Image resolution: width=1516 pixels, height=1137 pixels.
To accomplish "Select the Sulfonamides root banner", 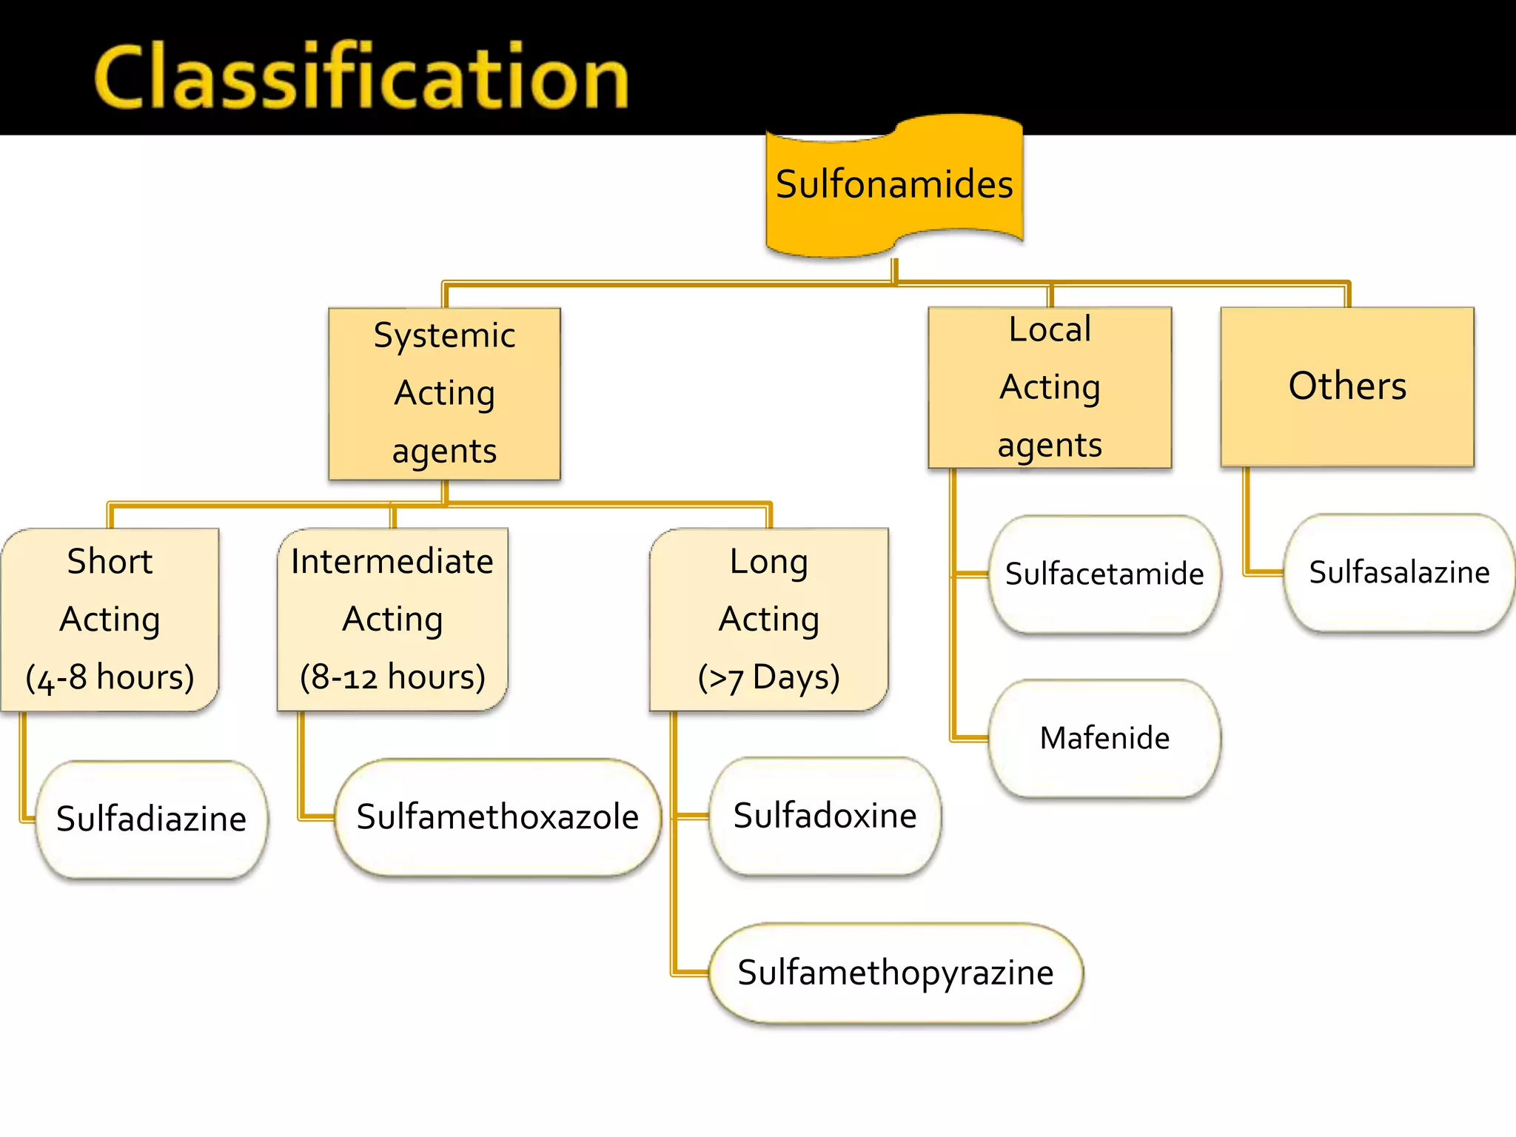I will pos(894,185).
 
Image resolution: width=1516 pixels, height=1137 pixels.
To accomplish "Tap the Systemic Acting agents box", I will pos(444,393).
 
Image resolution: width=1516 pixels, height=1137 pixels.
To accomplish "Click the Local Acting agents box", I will pos(1050,387).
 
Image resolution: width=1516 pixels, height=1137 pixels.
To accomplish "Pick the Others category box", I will pos(1347,386).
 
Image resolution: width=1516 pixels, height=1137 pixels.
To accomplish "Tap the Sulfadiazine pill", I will pos(151,819).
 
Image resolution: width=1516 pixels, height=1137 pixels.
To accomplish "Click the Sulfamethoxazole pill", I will pos(497,817).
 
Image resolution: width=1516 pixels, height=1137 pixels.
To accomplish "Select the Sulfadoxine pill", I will pos(825,816).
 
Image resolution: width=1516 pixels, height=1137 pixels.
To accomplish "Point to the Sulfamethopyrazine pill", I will pos(896,973).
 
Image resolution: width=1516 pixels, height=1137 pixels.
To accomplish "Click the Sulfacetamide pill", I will pos(1104,574).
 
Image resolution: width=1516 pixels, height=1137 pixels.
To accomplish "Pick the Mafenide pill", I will pos(1104,738).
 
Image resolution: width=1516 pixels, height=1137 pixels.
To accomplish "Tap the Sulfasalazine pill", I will pos(1399,572).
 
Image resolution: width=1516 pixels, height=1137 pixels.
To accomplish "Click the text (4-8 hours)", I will pos(110,677).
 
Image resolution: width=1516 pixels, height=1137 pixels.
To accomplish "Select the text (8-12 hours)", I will pos(392,677).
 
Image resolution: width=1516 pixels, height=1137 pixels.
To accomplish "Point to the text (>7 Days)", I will pos(769,677).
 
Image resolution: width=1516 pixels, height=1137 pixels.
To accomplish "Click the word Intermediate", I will pos(392,561).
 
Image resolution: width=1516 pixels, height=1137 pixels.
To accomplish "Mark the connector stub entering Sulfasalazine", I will pos(1264,571).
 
